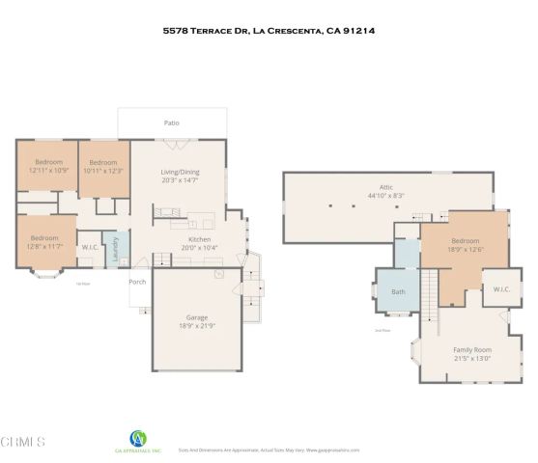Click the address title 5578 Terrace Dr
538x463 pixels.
pyautogui.click(x=269, y=31)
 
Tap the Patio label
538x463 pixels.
pyautogui.click(x=171, y=123)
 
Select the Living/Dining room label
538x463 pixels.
pyautogui.click(x=180, y=171)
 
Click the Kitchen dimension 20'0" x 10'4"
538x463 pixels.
pyautogui.click(x=199, y=247)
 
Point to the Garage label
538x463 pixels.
pyautogui.click(x=197, y=316)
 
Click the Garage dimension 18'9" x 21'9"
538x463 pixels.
pyautogui.click(x=197, y=327)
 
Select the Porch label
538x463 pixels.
pyautogui.click(x=137, y=282)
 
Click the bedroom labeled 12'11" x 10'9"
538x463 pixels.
pyautogui.click(x=46, y=166)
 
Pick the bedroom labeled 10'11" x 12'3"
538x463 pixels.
pyautogui.click(x=103, y=166)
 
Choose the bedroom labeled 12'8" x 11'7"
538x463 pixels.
pyautogui.click(x=44, y=242)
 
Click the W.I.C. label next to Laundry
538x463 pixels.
pyautogui.click(x=90, y=247)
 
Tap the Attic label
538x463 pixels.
pyautogui.click(x=385, y=187)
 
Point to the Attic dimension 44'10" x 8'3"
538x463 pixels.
pyautogui.click(x=385, y=196)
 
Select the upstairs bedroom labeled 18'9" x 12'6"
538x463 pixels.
pyautogui.click(x=465, y=245)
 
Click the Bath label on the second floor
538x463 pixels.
pyautogui.click(x=398, y=291)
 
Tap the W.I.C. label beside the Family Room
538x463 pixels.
pyautogui.click(x=501, y=289)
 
